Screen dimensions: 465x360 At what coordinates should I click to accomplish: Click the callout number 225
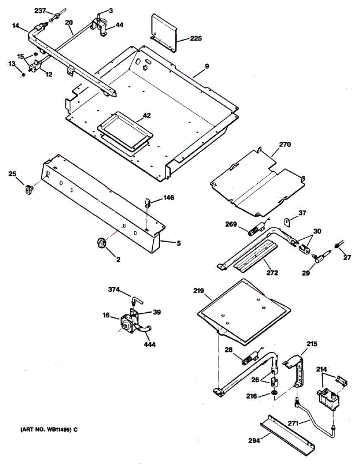[x=196, y=38]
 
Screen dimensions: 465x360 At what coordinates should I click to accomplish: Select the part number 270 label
[x=284, y=145]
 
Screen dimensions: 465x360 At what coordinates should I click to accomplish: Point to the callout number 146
[x=168, y=198]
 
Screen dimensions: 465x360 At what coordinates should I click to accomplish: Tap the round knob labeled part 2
[x=101, y=243]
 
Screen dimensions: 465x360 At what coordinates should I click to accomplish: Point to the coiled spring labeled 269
[x=253, y=232]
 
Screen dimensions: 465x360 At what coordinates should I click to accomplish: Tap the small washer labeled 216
[x=274, y=394]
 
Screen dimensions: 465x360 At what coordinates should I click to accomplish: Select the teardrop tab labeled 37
[x=287, y=222]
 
